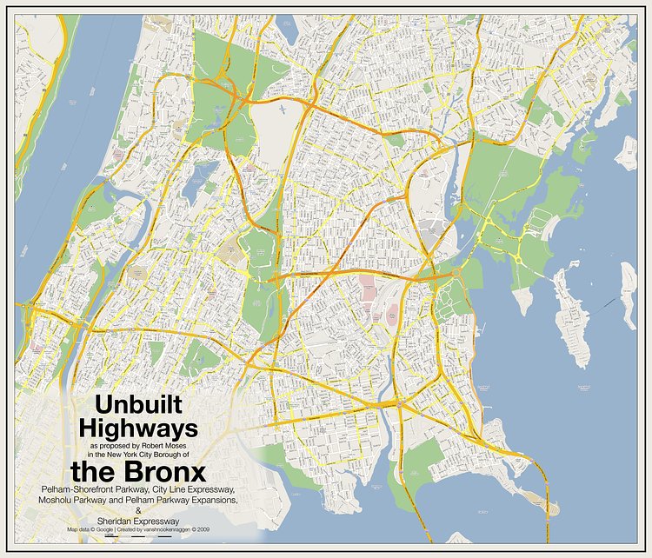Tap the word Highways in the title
(x=138, y=428)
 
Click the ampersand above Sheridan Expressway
(x=137, y=511)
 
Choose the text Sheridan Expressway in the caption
(x=137, y=520)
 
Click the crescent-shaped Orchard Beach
(x=548, y=226)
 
